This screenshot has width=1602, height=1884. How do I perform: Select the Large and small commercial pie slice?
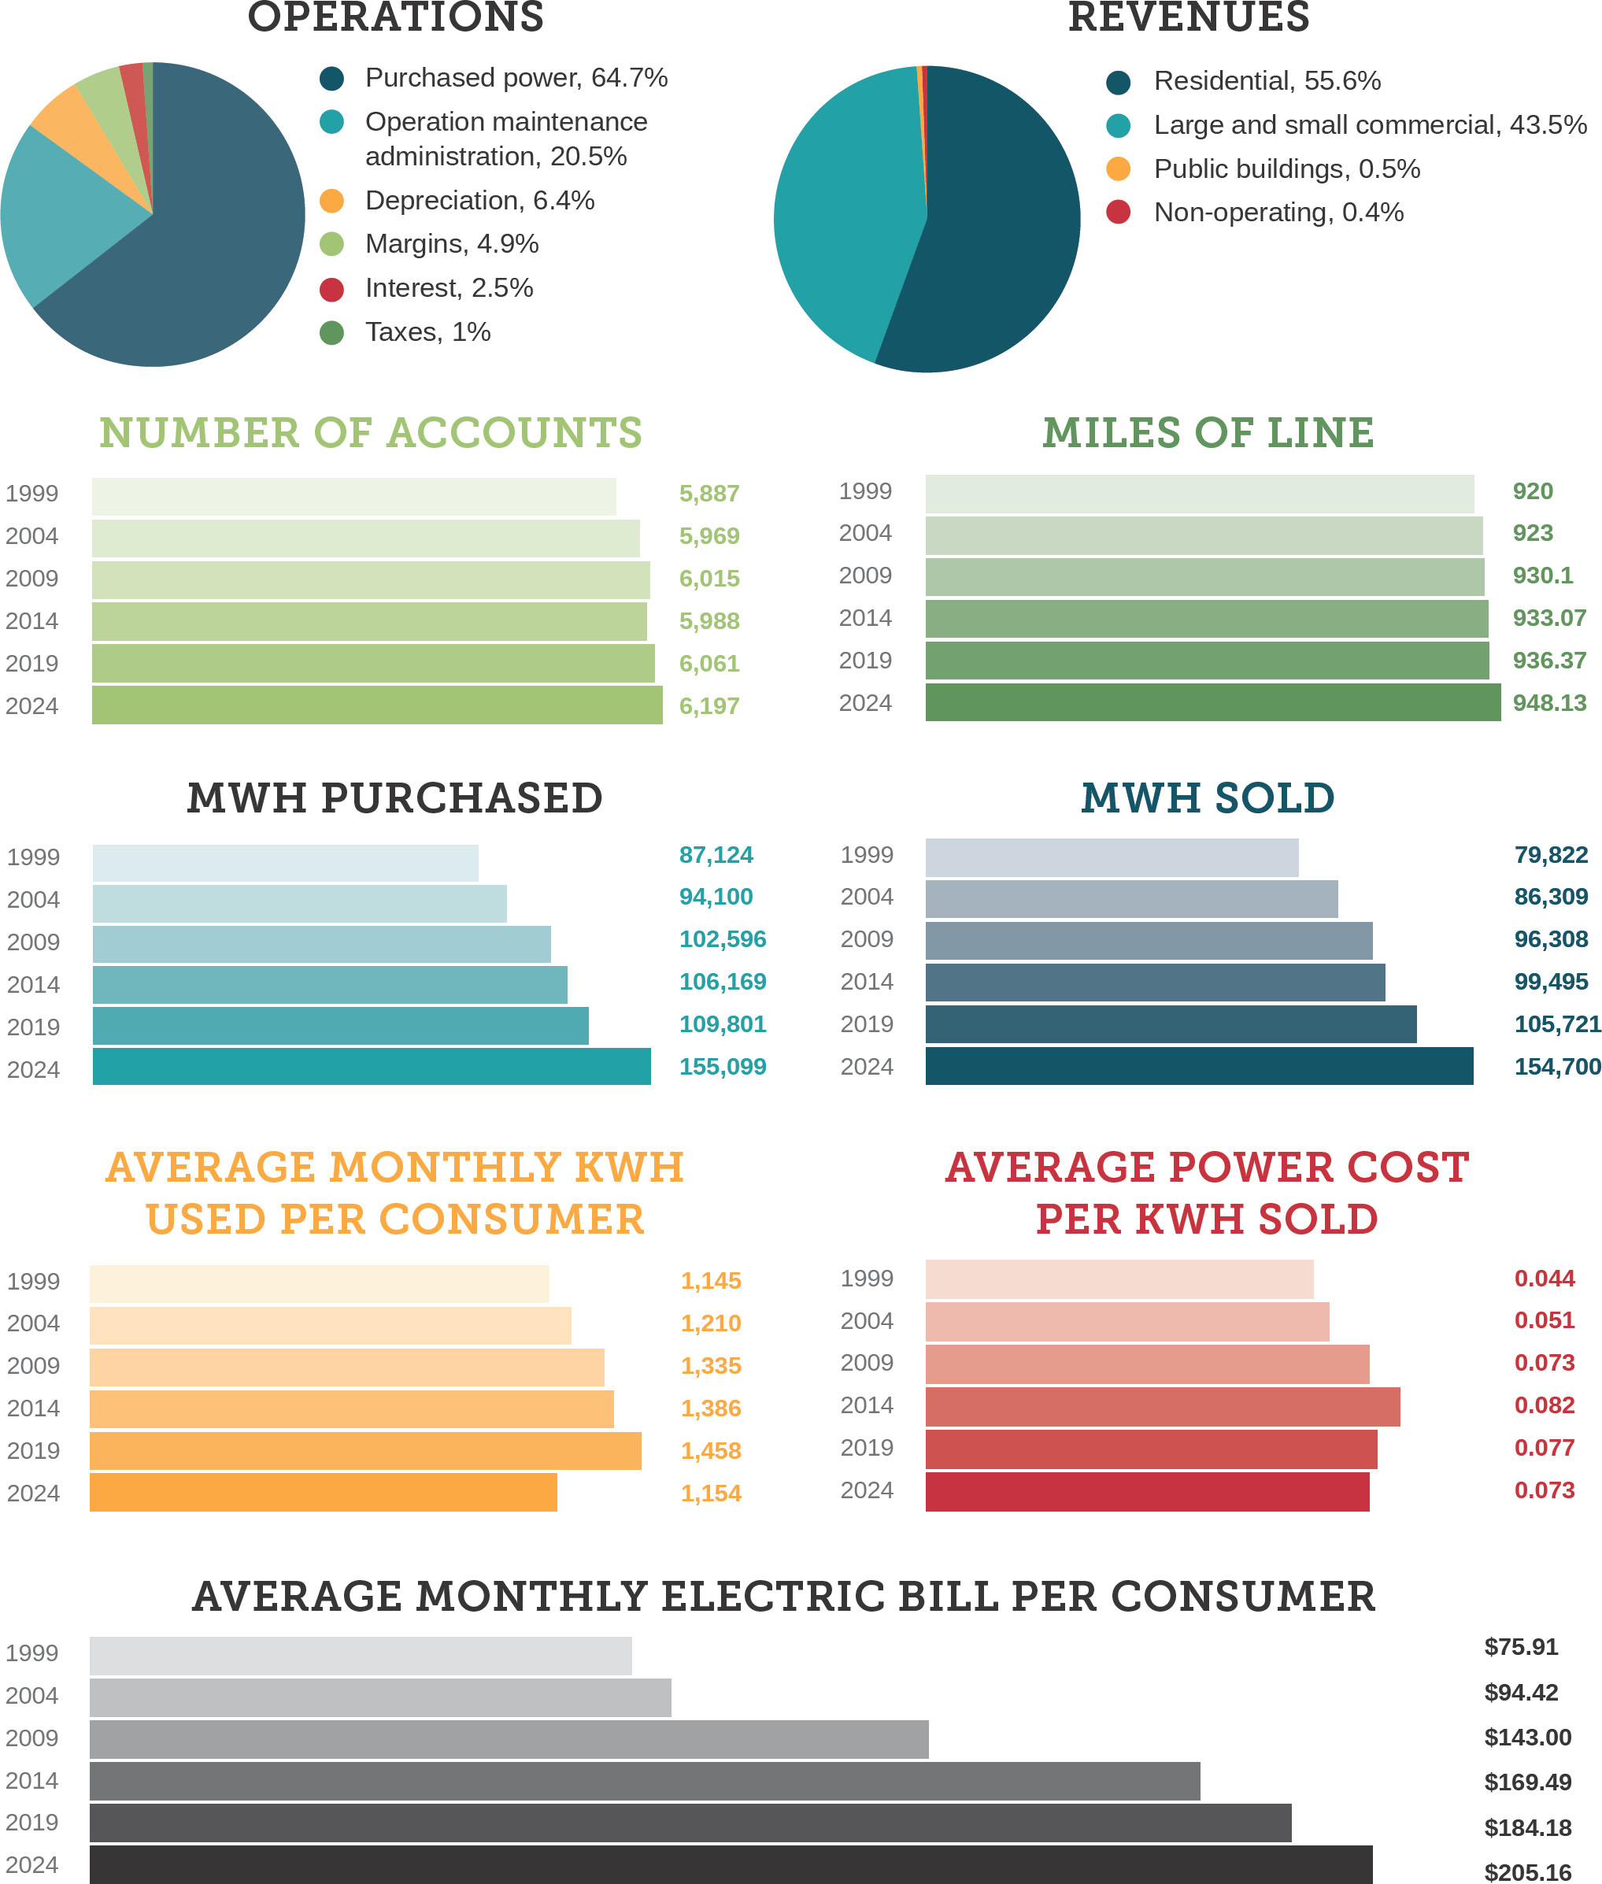tap(845, 218)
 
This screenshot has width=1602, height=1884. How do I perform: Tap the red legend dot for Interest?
tap(331, 290)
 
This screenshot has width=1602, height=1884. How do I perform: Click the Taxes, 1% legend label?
tap(427, 332)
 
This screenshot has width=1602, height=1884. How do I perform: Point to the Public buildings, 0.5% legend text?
tap(1286, 169)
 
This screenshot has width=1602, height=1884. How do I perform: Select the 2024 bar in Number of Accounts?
tap(377, 705)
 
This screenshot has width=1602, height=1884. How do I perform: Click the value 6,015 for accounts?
tap(709, 579)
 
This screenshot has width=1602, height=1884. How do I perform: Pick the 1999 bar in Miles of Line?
tap(1199, 494)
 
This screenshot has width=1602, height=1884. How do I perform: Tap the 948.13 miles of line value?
tap(1549, 703)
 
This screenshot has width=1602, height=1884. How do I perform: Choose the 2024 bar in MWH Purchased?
tap(372, 1067)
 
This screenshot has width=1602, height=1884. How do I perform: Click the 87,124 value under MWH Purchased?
tap(716, 855)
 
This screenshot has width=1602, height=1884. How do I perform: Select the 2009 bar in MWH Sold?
tap(1149, 940)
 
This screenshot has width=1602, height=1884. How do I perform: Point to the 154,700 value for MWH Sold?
tap(1556, 1067)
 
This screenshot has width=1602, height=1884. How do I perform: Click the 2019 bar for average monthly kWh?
tap(365, 1451)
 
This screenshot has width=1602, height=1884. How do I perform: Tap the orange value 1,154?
tap(711, 1494)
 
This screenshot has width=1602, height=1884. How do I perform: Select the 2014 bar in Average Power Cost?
tap(1163, 1406)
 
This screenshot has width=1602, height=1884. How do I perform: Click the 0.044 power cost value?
tap(1544, 1278)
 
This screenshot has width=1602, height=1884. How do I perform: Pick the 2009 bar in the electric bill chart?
tap(509, 1738)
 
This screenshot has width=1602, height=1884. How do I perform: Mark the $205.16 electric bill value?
tap(1527, 1872)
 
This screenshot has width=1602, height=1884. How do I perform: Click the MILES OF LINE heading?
tap(1208, 432)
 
